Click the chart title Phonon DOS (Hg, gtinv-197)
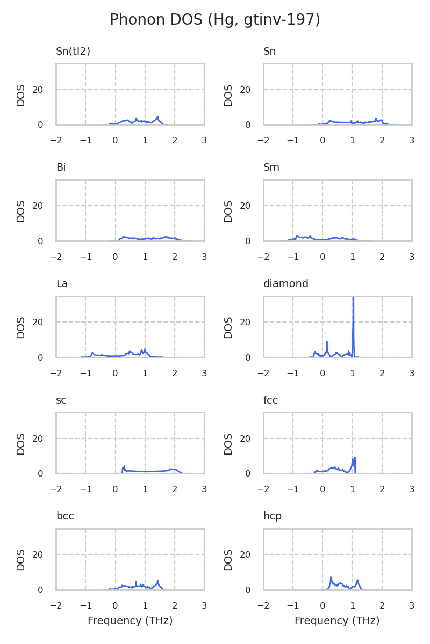[215, 20]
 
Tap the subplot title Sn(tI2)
[73, 52]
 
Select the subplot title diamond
[286, 284]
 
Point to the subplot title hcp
[273, 516]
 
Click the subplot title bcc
[65, 516]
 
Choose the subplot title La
[62, 284]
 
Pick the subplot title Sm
[271, 167]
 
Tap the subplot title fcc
[271, 400]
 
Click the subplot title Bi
[61, 167]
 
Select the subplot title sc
[61, 400]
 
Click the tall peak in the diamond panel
[353, 301]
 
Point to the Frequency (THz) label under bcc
[130, 621]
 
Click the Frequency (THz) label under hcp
[337, 621]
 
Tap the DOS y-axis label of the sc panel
[21, 444]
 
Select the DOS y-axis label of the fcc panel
[228, 444]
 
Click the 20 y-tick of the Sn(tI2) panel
[38, 90]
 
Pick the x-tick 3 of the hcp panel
[412, 605]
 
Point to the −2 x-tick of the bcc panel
[56, 605]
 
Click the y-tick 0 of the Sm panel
[248, 241]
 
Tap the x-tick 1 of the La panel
[145, 373]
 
